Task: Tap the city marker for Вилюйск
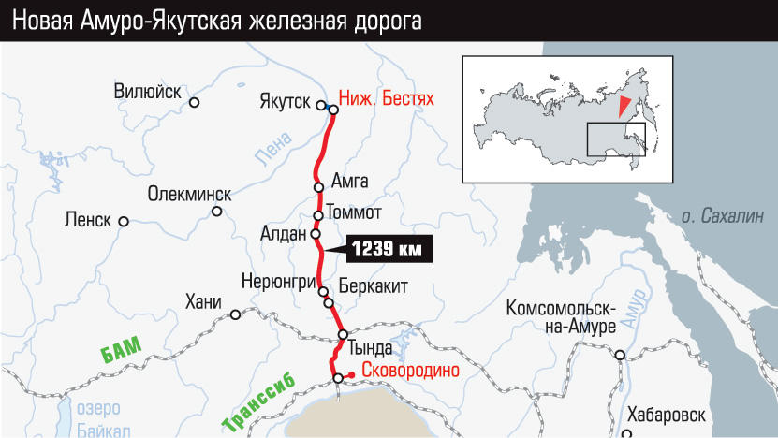pos(195,102)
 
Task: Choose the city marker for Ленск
pos(123,222)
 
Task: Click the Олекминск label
pos(189,194)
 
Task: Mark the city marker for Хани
pos(235,315)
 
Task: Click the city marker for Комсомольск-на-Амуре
pos(620,355)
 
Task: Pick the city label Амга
pos(350,181)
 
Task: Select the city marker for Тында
pos(343,334)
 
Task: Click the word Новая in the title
pos(46,20)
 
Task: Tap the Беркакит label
pos(374,286)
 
